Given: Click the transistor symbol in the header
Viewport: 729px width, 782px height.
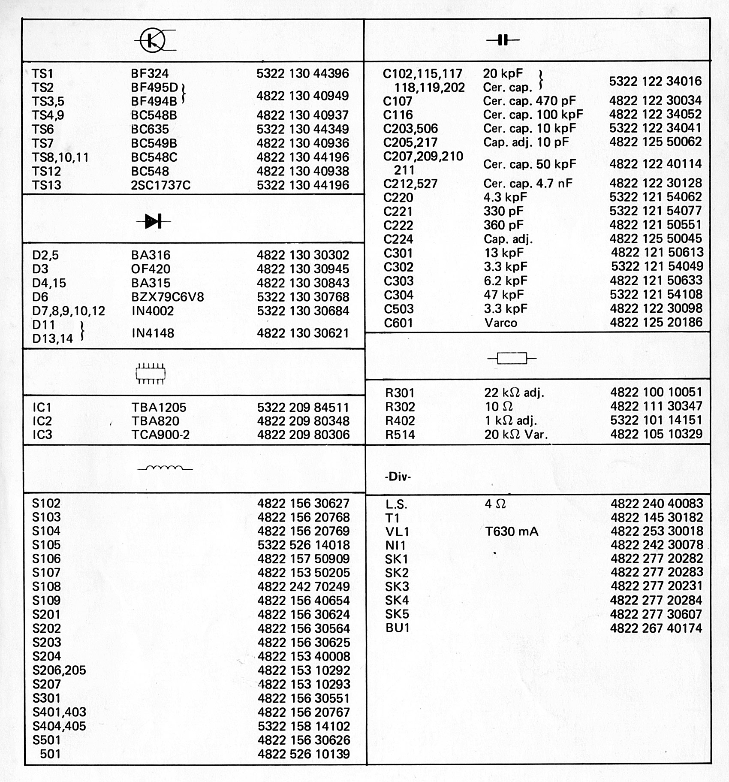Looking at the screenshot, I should (153, 40).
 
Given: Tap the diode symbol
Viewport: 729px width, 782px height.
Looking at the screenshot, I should (153, 221).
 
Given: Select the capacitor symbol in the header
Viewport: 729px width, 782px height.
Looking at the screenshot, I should (503, 40).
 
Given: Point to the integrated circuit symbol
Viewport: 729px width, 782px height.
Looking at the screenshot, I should (151, 373).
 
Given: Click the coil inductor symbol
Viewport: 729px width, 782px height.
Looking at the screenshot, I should (165, 468).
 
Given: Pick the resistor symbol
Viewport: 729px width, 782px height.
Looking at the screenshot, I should (512, 358).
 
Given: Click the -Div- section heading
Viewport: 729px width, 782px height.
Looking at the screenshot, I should (398, 477).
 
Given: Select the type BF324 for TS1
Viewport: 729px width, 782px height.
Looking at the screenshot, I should (150, 73).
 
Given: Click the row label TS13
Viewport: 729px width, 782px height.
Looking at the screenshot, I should (46, 185).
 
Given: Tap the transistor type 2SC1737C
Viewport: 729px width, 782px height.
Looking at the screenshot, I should (160, 185).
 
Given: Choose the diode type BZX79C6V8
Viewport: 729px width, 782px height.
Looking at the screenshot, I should (167, 297).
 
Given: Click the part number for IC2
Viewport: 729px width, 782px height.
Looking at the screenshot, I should (303, 421).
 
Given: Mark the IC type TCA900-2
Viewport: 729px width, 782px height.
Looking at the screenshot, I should (160, 435).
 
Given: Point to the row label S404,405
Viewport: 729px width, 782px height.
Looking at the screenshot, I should (59, 726).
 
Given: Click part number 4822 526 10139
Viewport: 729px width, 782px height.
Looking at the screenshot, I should (304, 754).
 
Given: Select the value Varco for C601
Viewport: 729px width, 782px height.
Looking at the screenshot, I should (500, 323).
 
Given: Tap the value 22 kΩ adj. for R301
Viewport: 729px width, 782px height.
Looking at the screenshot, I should (514, 393).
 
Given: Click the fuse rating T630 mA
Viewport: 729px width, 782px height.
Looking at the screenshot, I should (511, 531).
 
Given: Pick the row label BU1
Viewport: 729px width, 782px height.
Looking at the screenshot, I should (397, 628).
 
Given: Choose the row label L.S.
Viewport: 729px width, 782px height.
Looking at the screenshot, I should (396, 504).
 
